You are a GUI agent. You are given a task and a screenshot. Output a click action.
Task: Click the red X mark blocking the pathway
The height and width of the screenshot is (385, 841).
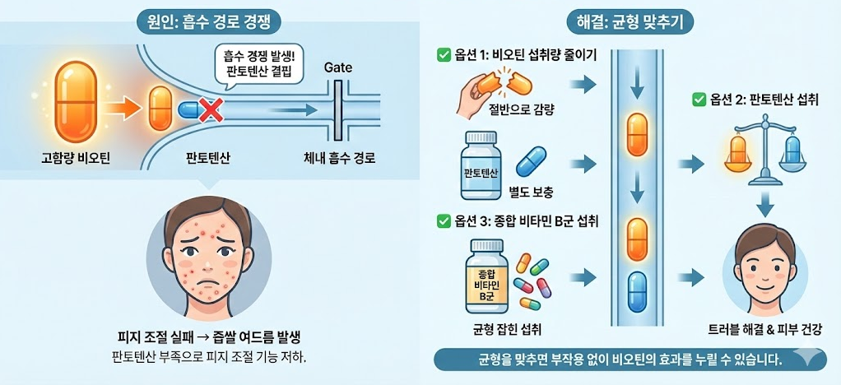pos(211,109)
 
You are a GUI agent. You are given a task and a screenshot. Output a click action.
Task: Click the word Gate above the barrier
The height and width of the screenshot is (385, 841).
pos(338,67)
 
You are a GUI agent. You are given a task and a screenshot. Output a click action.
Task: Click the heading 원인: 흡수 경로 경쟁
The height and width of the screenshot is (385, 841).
pos(207,21)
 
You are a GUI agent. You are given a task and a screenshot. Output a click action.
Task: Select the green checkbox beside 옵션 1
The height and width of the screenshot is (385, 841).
pos(444,55)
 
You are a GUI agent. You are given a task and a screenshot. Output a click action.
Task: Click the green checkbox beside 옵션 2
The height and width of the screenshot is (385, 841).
pos(699,100)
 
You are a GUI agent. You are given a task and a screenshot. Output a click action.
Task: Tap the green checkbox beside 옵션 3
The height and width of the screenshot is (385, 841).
pos(444,220)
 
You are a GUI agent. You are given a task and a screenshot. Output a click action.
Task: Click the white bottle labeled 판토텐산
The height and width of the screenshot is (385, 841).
pos(482,166)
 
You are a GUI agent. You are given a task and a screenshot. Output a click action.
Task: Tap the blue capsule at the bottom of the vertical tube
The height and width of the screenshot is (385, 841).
pos(638,291)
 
